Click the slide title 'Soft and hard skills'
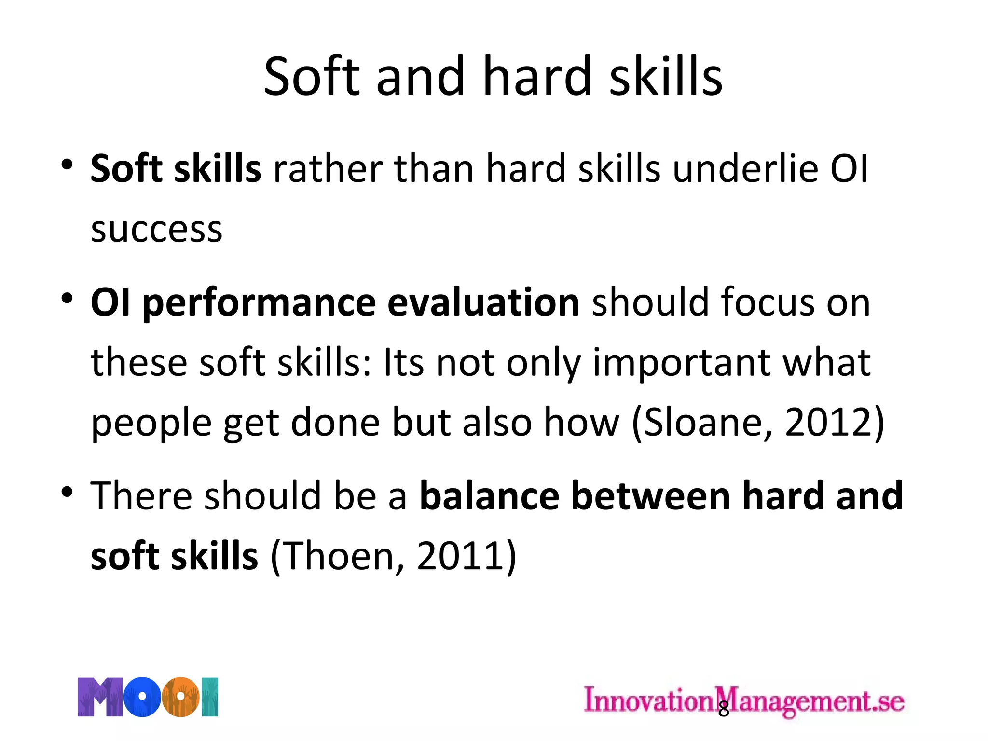coord(493,76)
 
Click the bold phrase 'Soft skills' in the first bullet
coord(176,169)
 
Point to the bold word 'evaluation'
coord(483,302)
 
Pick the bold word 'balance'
coord(489,496)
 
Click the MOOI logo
coord(148,697)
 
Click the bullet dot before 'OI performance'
coord(67,299)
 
